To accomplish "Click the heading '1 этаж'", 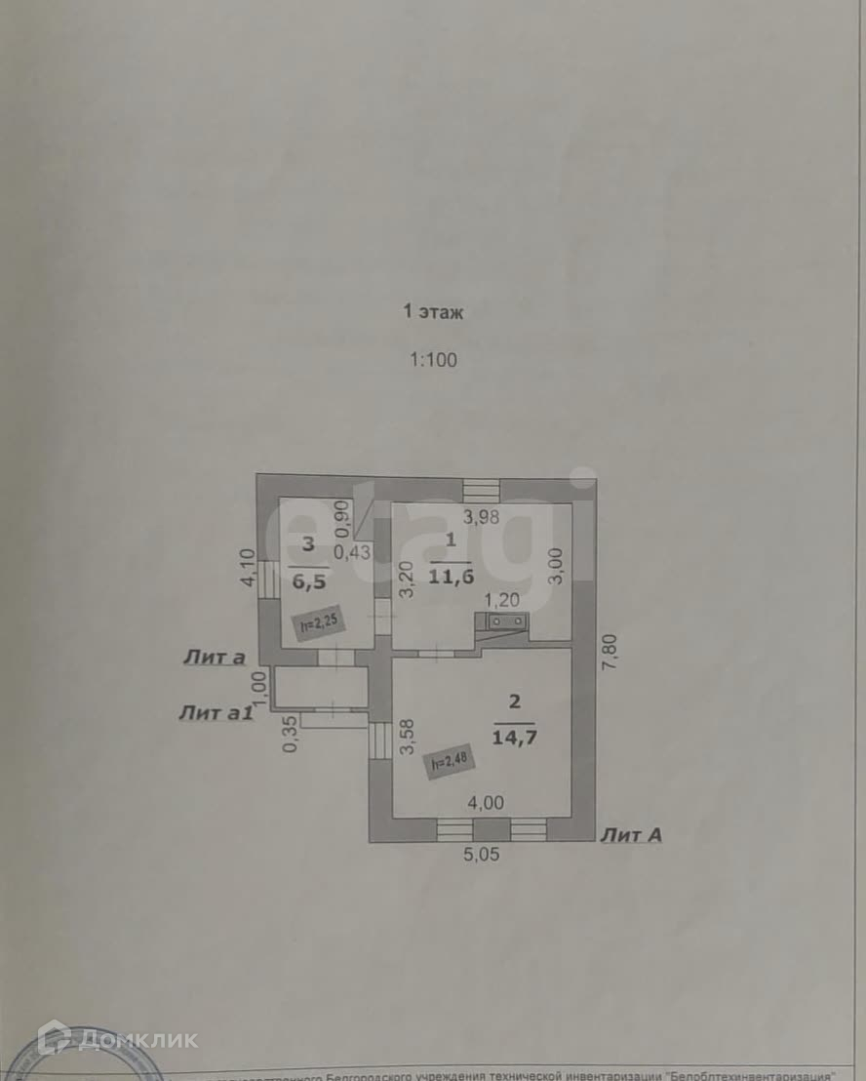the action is [x=433, y=312].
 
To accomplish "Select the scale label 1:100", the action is [x=433, y=359].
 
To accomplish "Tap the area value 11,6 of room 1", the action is [x=452, y=577].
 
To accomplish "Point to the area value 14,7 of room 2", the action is [x=516, y=737].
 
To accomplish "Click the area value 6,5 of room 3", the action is [x=308, y=577].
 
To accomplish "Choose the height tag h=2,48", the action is [x=448, y=759].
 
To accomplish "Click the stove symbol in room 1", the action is [x=502, y=621].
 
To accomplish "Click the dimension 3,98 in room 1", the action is [x=481, y=518].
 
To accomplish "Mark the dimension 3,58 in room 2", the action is [x=408, y=737].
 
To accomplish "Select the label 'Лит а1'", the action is [x=216, y=712].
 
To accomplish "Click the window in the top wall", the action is [x=481, y=489].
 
